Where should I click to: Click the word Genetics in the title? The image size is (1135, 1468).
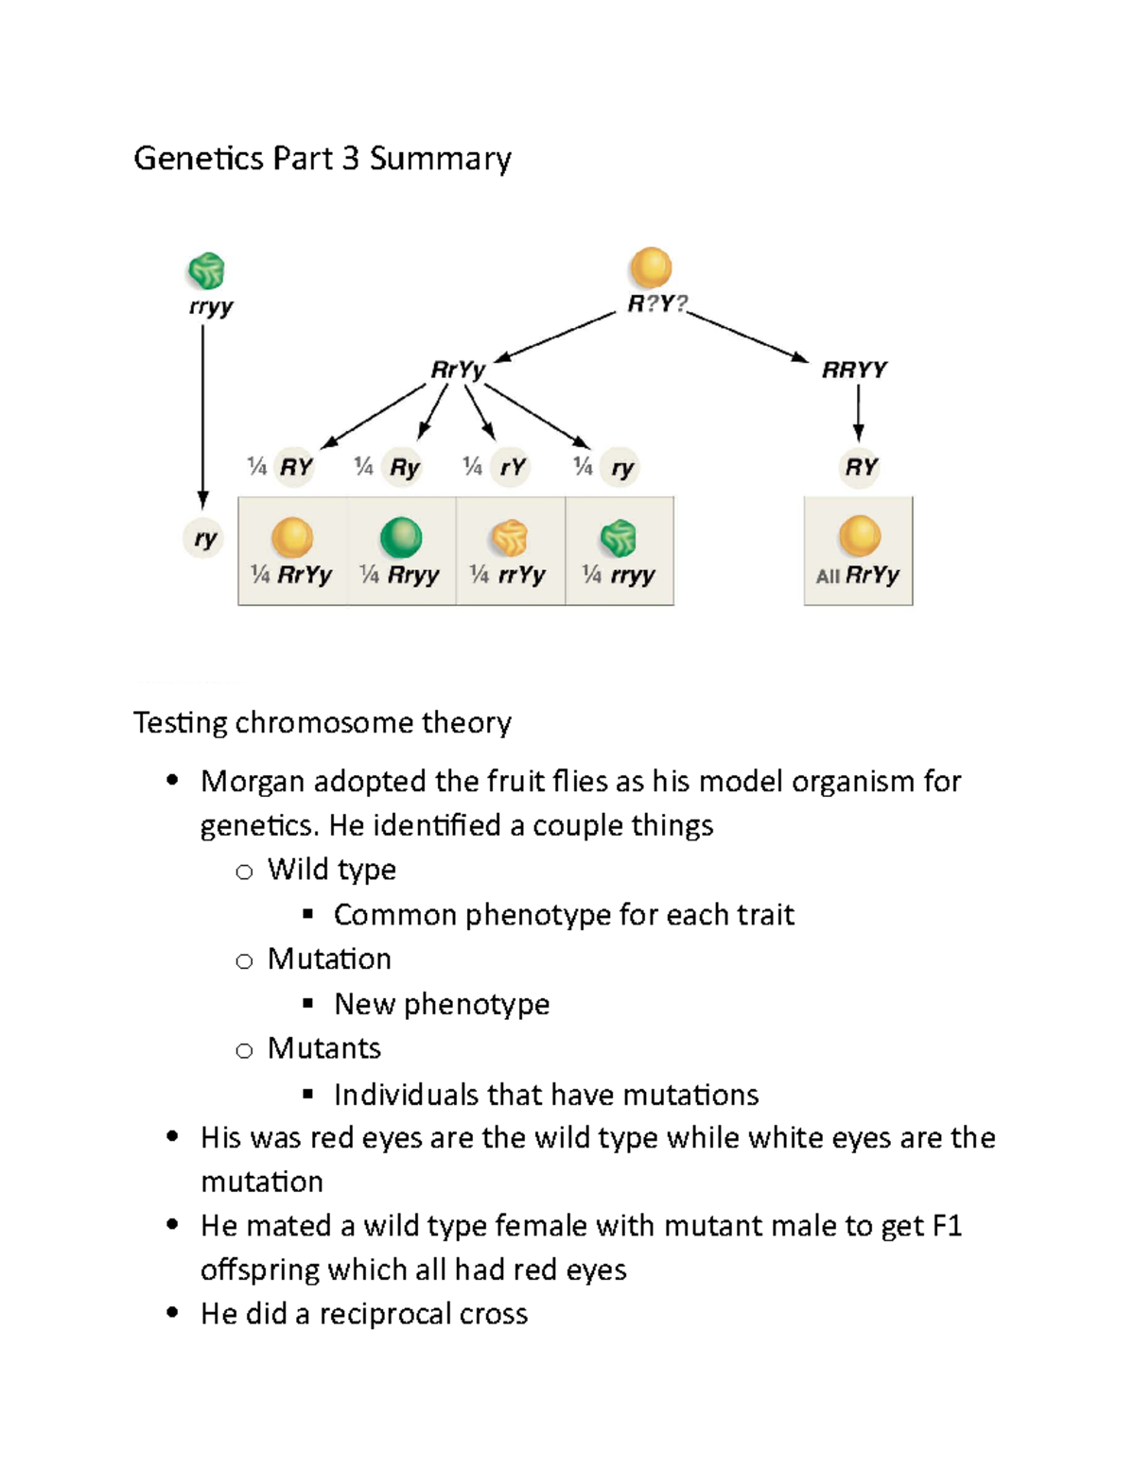(199, 158)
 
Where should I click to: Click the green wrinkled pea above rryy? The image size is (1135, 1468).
(206, 271)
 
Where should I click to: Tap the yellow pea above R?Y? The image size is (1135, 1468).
(651, 268)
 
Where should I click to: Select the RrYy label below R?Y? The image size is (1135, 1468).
(458, 370)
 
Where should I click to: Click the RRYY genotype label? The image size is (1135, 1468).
(854, 370)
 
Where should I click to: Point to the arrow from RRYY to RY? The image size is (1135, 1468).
(858, 413)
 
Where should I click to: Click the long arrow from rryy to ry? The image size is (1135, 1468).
(202, 416)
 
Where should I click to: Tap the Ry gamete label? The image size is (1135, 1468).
(404, 467)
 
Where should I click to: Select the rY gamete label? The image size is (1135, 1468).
(513, 467)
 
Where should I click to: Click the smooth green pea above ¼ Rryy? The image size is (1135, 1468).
(401, 538)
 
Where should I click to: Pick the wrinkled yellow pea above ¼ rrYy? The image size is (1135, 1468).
(510, 538)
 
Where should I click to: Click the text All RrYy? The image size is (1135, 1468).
(857, 575)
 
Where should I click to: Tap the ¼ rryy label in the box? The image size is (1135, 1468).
(619, 575)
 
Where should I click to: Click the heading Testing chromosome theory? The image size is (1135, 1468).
(322, 722)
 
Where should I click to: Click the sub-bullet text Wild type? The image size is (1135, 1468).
(331, 870)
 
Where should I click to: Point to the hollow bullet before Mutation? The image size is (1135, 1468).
(244, 961)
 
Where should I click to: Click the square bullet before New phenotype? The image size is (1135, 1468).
(307, 1004)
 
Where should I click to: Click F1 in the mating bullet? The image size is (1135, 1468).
(947, 1226)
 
